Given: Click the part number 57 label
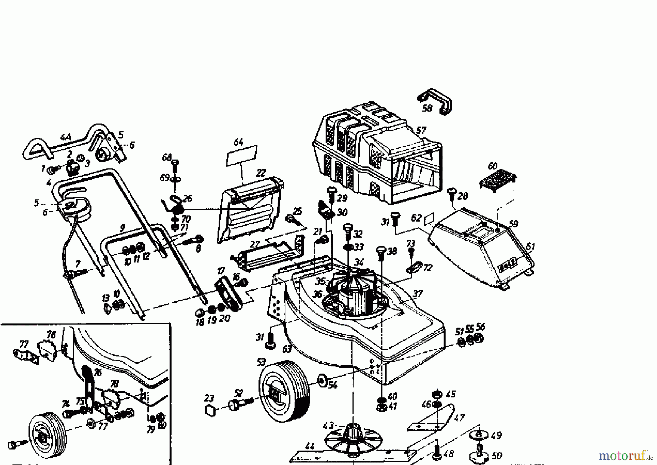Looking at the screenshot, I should tap(421, 130).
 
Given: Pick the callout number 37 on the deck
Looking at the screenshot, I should tap(417, 294).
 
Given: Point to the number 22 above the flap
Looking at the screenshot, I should tap(261, 173).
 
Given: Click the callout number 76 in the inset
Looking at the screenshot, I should tap(97, 372).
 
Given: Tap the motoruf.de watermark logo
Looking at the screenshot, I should tap(625, 456).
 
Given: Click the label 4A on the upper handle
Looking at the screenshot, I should tap(66, 138).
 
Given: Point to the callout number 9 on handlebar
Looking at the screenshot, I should tap(122, 228).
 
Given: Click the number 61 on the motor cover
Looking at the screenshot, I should tap(530, 247).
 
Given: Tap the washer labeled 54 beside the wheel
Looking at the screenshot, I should tap(322, 380).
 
